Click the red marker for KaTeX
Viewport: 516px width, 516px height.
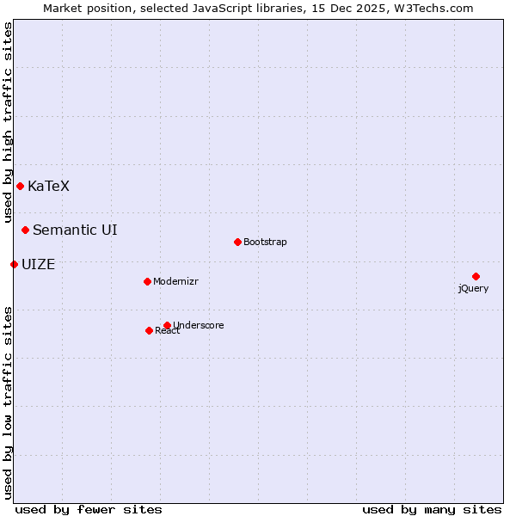click(x=20, y=186)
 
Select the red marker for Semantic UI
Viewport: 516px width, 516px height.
click(x=26, y=230)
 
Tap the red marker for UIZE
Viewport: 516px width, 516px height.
click(x=14, y=264)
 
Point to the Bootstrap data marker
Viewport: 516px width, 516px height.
click(x=237, y=242)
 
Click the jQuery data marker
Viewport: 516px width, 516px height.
click(x=476, y=276)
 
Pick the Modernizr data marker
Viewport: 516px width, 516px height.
click(x=147, y=281)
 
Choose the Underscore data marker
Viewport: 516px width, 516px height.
click(x=167, y=325)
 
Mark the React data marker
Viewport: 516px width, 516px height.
click(x=149, y=330)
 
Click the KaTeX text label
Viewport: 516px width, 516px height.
click(x=48, y=186)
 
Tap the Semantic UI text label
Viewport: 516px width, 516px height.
click(x=75, y=230)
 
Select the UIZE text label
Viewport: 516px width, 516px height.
click(x=38, y=264)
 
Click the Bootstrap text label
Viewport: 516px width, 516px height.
click(x=265, y=242)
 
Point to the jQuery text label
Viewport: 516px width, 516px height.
click(x=473, y=288)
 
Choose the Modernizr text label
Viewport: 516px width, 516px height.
click(x=176, y=281)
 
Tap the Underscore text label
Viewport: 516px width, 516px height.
click(x=198, y=325)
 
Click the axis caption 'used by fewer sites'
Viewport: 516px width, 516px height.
click(x=89, y=509)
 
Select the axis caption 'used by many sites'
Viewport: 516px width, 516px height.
click(x=432, y=509)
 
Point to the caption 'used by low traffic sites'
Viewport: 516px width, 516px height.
click(x=8, y=402)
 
